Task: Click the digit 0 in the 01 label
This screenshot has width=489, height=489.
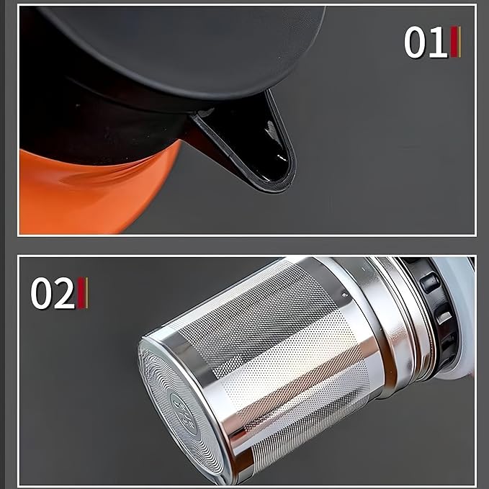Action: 416,43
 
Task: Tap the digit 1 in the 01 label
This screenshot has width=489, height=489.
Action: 437,43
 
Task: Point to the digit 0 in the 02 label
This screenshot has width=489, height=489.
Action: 42,294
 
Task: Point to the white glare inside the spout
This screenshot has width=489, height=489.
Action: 271,133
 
